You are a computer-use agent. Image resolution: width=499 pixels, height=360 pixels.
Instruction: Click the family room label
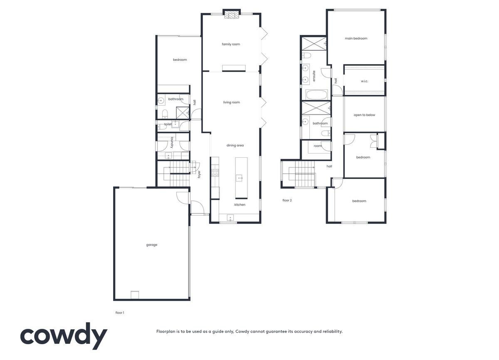click(x=231, y=44)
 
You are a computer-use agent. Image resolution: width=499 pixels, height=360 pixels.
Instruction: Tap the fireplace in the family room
click(x=232, y=15)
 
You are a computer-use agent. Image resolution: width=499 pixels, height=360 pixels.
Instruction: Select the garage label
click(x=152, y=245)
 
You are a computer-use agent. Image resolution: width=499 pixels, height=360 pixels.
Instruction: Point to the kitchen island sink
click(x=239, y=178)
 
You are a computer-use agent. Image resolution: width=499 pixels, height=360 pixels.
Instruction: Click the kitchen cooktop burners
click(x=215, y=173)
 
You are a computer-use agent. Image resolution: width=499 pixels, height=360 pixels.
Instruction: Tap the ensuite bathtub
click(x=316, y=95)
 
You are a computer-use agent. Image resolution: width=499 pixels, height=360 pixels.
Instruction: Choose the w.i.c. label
click(x=364, y=81)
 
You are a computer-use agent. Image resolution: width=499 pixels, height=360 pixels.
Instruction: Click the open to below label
click(x=364, y=115)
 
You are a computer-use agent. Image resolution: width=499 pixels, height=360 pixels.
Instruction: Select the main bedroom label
click(x=356, y=38)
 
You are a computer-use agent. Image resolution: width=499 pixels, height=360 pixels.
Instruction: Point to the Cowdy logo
click(x=64, y=336)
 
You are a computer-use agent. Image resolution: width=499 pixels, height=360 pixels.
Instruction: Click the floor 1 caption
click(x=120, y=313)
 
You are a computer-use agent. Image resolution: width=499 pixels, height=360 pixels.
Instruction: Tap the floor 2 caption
click(x=287, y=200)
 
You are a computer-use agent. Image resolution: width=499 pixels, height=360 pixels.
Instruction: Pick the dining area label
click(x=235, y=145)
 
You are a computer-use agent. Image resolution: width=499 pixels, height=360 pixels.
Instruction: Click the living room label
click(x=232, y=102)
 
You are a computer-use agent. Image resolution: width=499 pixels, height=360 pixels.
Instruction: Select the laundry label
click(x=172, y=142)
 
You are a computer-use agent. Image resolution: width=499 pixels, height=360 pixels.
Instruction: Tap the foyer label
click(x=199, y=174)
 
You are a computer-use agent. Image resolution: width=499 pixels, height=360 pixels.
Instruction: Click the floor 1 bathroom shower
click(x=183, y=113)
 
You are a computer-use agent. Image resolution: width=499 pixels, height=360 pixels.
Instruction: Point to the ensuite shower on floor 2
click(x=314, y=44)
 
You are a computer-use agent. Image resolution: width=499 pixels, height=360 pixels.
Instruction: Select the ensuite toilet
click(x=306, y=55)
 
